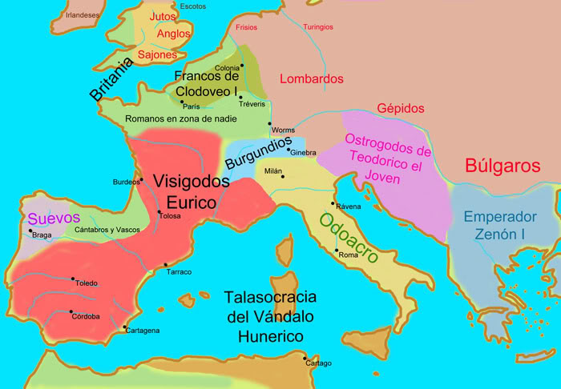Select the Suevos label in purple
click(54, 218)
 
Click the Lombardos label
click(312, 79)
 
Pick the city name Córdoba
click(86, 316)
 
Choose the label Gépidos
click(401, 108)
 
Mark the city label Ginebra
click(304, 153)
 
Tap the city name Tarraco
click(179, 272)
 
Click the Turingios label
click(318, 27)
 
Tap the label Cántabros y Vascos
click(108, 231)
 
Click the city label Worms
click(283, 130)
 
